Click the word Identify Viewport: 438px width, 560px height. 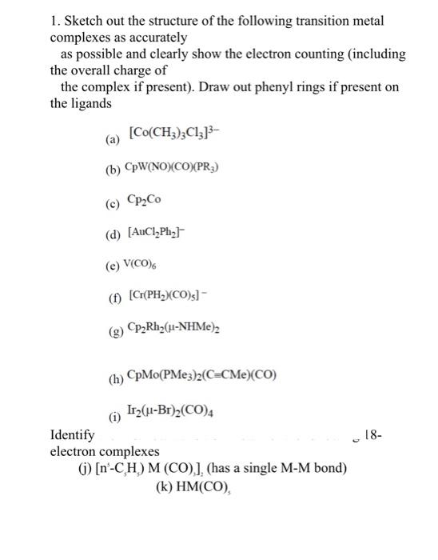pyautogui.click(x=71, y=436)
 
